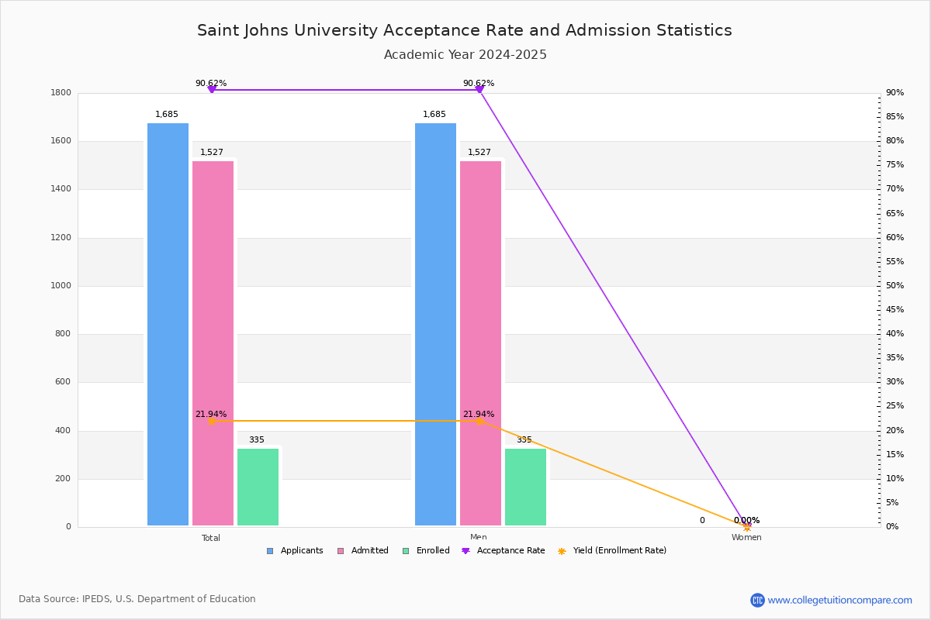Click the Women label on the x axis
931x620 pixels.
[x=746, y=538]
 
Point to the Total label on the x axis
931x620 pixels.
[x=211, y=538]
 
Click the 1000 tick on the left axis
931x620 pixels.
[x=61, y=286]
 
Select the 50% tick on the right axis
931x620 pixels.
[x=895, y=286]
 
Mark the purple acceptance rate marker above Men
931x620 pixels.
[x=479, y=90]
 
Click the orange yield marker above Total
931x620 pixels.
[x=211, y=421]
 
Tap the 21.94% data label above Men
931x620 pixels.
[x=479, y=415]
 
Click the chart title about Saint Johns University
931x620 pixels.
[x=465, y=30]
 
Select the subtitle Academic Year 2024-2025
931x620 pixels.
[x=465, y=55]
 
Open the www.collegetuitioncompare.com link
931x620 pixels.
[x=839, y=600]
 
